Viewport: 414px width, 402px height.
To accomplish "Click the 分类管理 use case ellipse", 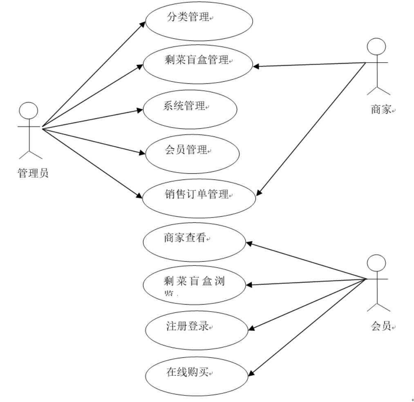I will click(199, 21).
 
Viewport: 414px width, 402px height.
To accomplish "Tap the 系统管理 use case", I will click(190, 110).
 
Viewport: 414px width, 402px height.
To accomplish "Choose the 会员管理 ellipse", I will click(192, 154).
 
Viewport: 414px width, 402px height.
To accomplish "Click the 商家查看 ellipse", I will click(194, 242).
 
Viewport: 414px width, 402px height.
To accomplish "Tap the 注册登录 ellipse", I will click(197, 330).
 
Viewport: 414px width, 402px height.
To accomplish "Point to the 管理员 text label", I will click(33, 173).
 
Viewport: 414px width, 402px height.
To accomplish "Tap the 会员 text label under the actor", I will click(381, 326).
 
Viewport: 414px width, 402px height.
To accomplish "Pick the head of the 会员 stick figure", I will click(376, 263).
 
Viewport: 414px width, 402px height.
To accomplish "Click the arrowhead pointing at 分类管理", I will click(142, 23).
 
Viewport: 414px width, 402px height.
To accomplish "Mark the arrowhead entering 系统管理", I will click(141, 110).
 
